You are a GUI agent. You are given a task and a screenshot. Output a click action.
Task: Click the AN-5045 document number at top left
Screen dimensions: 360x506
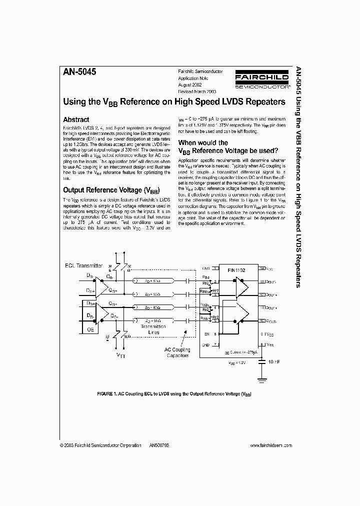click(79, 71)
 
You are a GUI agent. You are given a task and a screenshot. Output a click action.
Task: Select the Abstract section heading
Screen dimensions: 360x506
click(76, 120)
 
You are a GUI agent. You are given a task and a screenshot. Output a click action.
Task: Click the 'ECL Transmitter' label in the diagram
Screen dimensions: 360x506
click(82, 265)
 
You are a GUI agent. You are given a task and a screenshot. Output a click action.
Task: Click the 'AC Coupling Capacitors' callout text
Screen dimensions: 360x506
click(177, 352)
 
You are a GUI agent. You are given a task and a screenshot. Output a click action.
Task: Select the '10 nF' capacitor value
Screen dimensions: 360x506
click(274, 361)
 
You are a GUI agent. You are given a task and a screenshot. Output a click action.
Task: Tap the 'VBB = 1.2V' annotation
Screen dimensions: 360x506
click(237, 363)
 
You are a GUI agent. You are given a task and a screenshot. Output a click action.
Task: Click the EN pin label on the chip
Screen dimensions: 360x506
click(205, 334)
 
